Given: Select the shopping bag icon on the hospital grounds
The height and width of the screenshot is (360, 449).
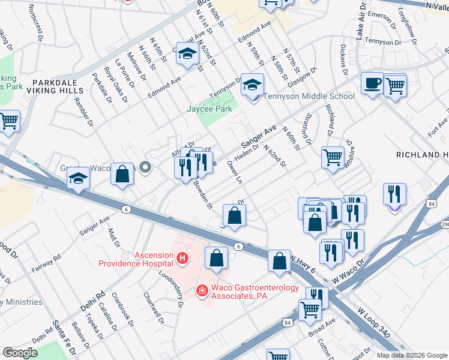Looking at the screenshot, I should click(216, 257).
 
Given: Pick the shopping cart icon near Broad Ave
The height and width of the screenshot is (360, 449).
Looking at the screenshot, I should click(310, 310).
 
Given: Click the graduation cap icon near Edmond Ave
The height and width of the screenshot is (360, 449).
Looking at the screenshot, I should click(187, 55).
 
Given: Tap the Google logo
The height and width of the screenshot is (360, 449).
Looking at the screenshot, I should click(20, 353).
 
